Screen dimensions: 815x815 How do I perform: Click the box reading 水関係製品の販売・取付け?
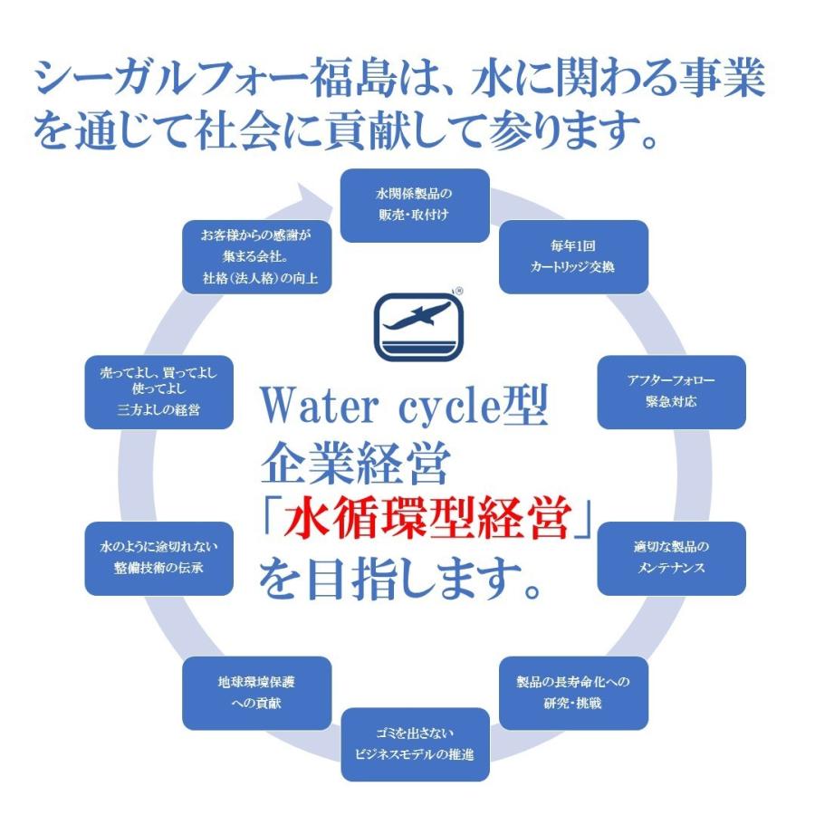[414, 206]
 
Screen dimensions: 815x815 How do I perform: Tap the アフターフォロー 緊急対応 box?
[672, 391]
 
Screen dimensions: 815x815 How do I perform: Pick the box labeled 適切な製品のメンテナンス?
[671, 558]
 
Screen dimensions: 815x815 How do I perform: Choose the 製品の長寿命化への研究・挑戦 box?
[573, 692]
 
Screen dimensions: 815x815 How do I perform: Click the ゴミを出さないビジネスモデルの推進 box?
[415, 743]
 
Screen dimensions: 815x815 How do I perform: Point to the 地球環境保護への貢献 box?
[256, 692]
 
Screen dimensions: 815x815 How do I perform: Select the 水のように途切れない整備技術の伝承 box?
[158, 558]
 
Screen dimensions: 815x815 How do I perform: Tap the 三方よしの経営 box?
[158, 391]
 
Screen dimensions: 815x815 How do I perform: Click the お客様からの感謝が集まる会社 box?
[256, 256]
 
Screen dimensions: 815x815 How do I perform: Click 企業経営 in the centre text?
[354, 465]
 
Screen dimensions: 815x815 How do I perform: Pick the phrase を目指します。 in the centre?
[398, 580]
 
